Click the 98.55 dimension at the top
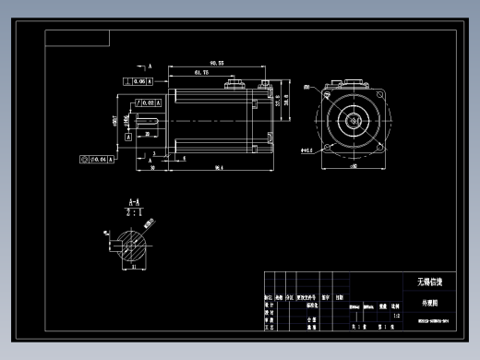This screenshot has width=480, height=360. click(216, 63)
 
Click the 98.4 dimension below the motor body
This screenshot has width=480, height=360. click(220, 168)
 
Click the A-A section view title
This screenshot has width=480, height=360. click(134, 201)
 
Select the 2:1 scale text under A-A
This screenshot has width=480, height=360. click(134, 211)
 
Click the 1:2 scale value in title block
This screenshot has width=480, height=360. click(397, 317)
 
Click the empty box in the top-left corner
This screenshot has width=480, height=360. click(78, 38)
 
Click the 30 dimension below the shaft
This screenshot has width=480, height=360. click(151, 168)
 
